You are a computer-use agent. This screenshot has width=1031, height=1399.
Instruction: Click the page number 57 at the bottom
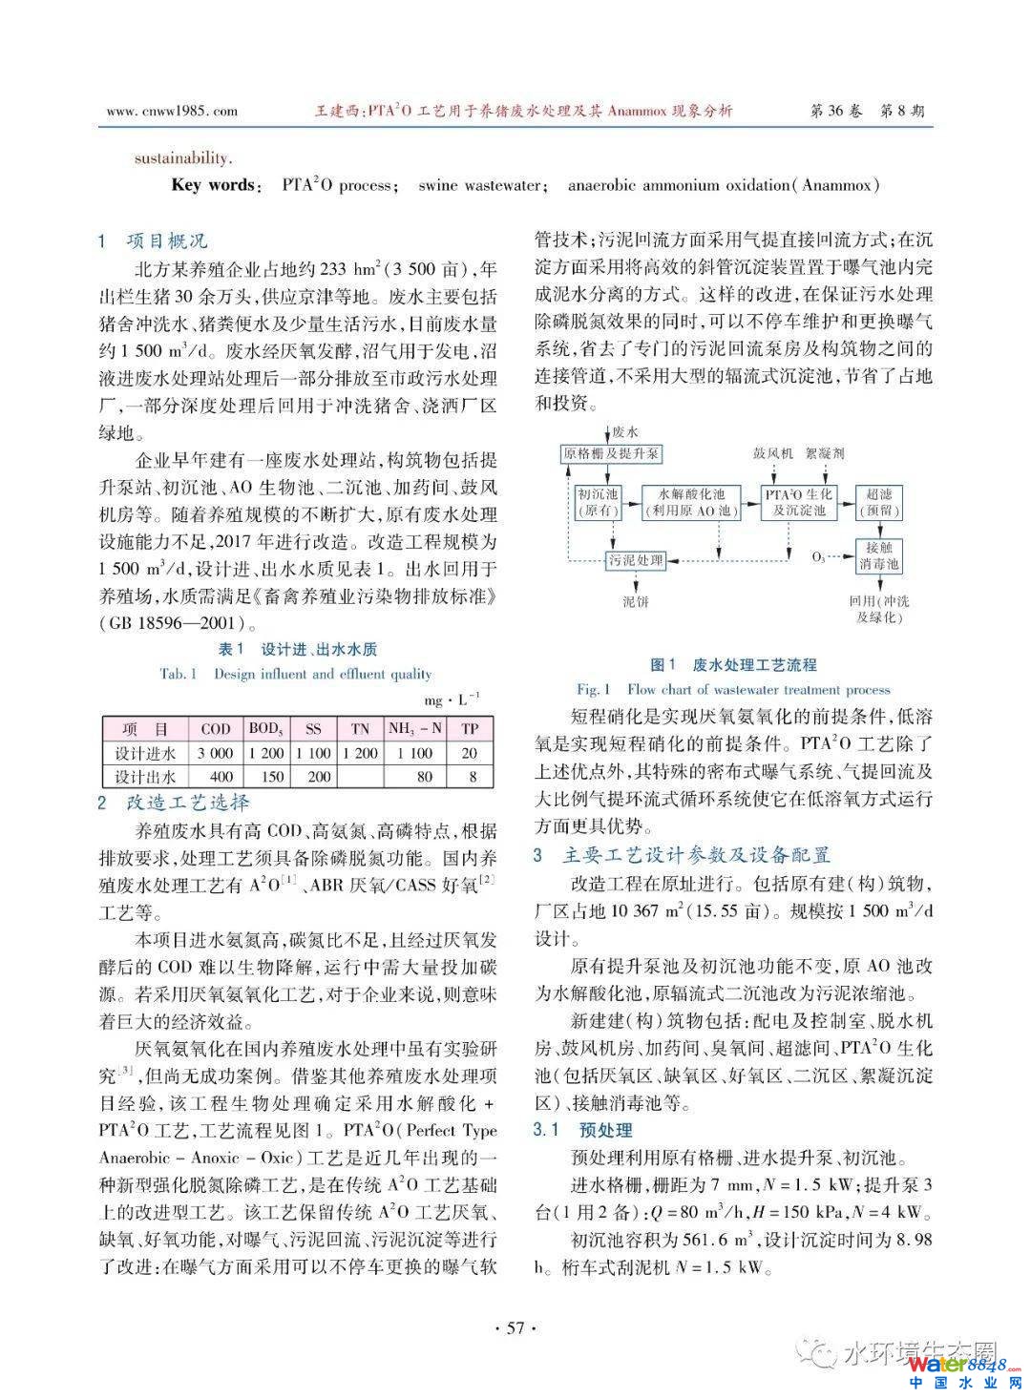coord(515,1327)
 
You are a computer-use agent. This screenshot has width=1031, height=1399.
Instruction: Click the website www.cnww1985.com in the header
coord(172,111)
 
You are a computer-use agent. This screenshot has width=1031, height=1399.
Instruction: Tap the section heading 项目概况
coord(166,240)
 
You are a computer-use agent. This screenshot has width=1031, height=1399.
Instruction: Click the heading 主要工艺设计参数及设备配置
coord(697,855)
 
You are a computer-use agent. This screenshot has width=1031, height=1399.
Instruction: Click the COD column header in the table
coord(216,728)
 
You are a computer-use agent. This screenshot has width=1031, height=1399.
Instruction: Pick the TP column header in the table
coord(470,728)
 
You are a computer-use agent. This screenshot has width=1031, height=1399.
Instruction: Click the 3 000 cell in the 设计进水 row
coord(216,753)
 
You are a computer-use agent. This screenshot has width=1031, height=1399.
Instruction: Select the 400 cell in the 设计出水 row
coord(221,776)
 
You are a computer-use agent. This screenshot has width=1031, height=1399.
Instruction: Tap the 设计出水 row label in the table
coord(145,776)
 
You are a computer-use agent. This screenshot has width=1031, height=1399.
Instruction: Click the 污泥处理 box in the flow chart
coord(636,560)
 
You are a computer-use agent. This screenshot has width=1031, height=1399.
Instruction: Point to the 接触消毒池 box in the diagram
coord(878,555)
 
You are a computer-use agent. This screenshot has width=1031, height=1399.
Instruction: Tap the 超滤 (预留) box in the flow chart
coord(878,502)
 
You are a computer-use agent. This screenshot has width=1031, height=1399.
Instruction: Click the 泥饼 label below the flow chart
coord(635,601)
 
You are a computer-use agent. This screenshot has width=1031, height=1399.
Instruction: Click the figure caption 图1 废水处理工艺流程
coord(732,665)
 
